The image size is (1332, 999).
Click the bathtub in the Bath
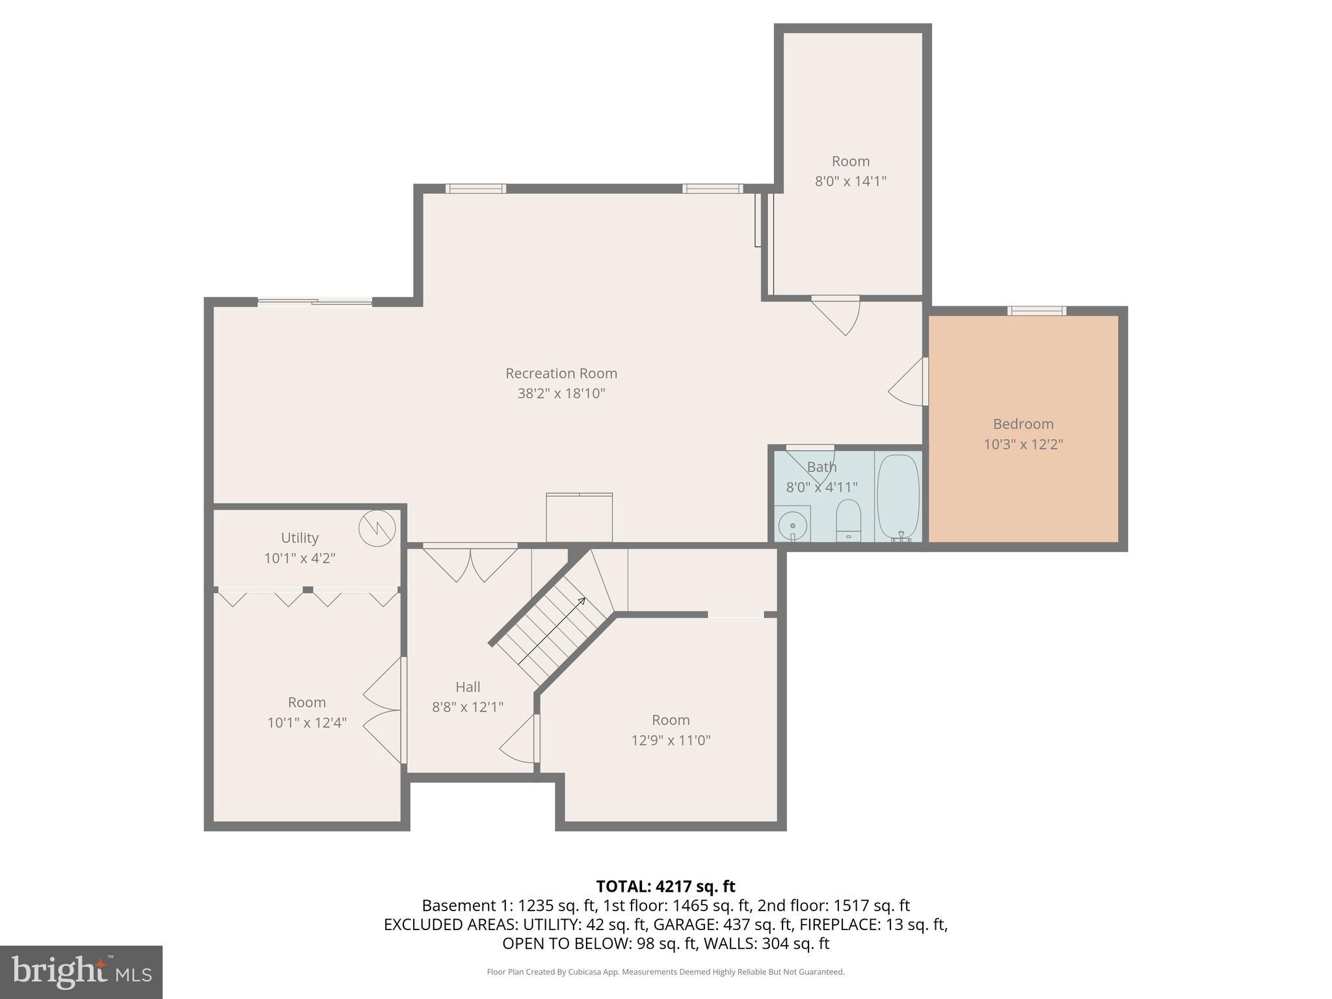(898, 497)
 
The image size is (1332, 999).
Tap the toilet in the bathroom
(848, 520)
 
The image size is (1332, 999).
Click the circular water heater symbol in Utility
(377, 528)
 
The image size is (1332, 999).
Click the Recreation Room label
(561, 373)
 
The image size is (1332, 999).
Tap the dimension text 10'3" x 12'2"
(1023, 444)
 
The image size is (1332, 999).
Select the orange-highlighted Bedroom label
(1023, 424)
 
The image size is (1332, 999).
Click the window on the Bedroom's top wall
(1037, 311)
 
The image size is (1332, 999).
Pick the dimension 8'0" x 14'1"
(850, 181)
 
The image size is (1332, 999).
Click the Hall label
(468, 687)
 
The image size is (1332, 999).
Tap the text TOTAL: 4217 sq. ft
(665, 886)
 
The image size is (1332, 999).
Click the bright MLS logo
(81, 972)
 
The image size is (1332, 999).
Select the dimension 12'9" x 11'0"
(671, 740)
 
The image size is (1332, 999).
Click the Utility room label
(300, 538)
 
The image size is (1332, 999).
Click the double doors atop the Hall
(470, 562)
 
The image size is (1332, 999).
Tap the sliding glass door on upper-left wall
(315, 302)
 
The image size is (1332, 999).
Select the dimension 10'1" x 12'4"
(307, 723)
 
